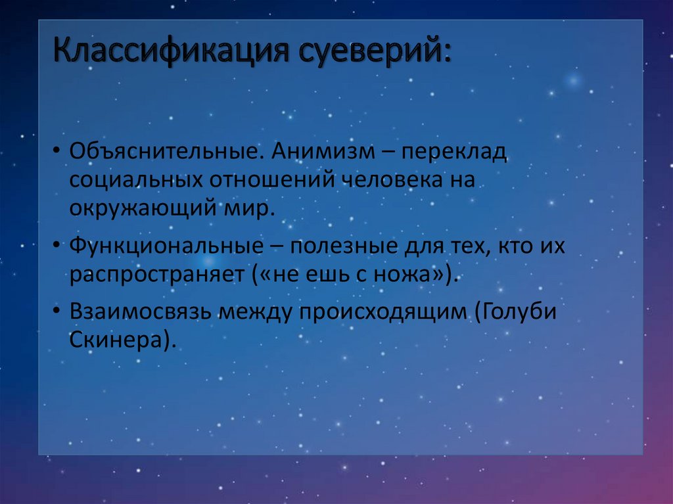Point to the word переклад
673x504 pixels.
455,152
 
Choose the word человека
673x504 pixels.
391,179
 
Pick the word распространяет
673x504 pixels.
157,275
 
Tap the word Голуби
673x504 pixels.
519,312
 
